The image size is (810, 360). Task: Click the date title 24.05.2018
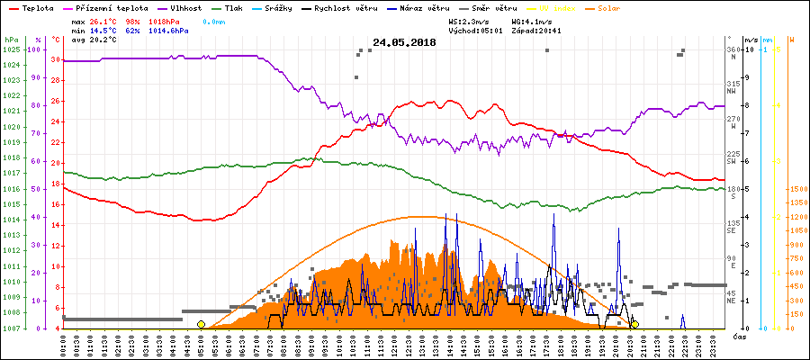[x=404, y=42]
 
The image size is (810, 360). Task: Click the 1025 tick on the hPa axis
[x=12, y=49]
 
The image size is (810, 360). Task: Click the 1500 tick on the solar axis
[x=796, y=189]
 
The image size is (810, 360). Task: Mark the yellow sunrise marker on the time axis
[x=201, y=324]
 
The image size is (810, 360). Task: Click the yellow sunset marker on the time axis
[x=635, y=324]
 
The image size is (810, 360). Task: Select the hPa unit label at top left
[x=11, y=40]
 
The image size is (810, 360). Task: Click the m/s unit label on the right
[x=751, y=40]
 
